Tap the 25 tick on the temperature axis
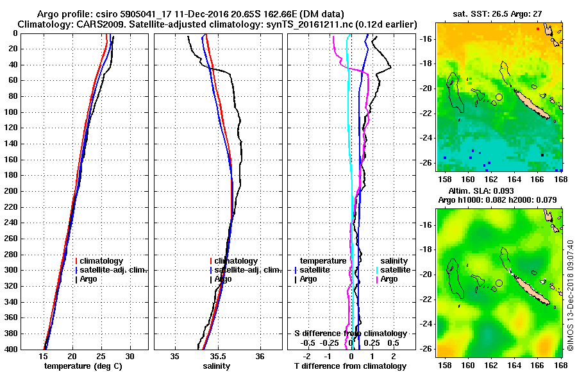[101, 357]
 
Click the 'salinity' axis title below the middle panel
[217, 366]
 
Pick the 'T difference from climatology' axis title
[350, 366]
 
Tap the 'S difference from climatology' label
[350, 334]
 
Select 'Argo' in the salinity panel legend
[223, 279]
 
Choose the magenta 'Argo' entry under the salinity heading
[389, 279]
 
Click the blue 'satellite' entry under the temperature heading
[315, 270]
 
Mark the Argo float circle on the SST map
[499, 97]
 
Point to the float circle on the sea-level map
[499, 283]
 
